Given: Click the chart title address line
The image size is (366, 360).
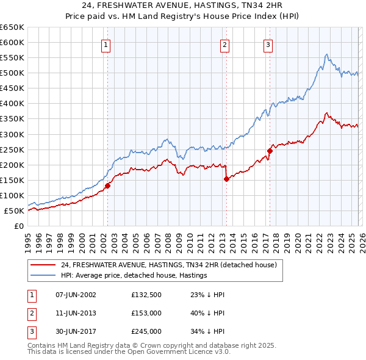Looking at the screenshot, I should (183, 5).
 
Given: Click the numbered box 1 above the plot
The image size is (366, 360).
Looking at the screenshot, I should (106, 44).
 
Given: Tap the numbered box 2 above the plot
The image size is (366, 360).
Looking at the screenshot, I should (224, 44).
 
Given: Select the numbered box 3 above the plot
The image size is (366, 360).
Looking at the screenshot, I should (268, 44).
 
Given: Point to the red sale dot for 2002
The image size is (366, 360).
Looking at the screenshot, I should (107, 185).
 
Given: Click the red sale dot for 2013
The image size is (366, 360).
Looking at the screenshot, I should (226, 179).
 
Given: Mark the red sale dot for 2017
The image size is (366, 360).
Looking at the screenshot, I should (270, 151).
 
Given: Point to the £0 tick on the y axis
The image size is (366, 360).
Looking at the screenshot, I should (19, 226).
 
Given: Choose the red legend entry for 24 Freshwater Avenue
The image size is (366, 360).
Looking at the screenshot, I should (169, 265).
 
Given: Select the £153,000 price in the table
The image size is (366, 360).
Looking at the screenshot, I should (146, 313).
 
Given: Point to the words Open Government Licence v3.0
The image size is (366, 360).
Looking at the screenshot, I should (181, 352).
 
